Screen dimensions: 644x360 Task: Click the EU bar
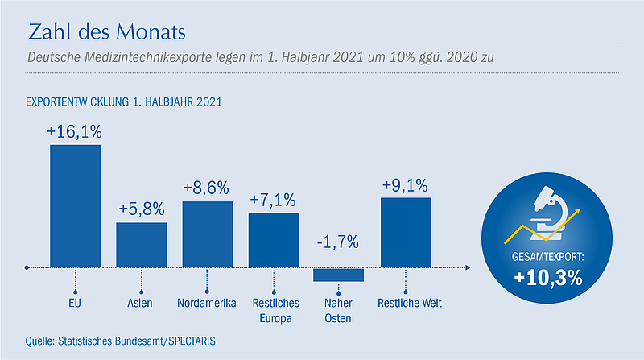[75, 205]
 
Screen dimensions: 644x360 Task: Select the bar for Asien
[142, 245]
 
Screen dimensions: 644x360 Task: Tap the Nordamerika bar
[208, 234]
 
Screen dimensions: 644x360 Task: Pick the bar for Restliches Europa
[274, 239]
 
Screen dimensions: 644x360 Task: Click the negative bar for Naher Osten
[338, 275]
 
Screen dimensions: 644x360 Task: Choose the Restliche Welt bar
[406, 232]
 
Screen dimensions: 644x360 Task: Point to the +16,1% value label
[74, 132]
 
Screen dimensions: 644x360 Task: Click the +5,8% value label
[142, 209]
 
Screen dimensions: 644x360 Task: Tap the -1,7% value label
[337, 242]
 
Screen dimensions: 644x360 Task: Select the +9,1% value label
[405, 185]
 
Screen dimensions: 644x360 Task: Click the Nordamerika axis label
[207, 304]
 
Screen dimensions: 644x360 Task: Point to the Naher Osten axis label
[338, 311]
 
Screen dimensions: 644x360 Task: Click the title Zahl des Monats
[107, 31]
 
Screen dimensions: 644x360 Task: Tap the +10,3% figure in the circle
[548, 278]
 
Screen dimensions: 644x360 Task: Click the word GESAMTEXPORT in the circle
[547, 257]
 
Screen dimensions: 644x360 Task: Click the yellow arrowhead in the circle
[577, 212]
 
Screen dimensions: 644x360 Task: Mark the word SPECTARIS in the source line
[192, 341]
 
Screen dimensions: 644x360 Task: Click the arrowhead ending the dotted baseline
[468, 267]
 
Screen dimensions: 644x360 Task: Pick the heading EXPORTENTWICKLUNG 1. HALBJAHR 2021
[124, 102]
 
